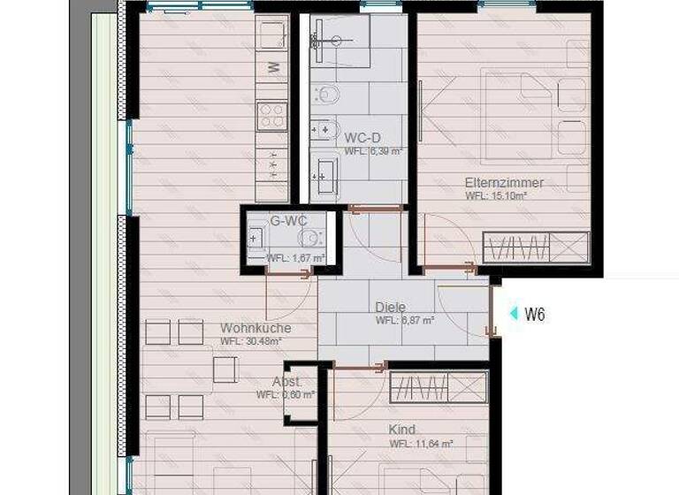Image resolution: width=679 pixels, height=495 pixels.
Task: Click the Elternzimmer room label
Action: [x=504, y=183]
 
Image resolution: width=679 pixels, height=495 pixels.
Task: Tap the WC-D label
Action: [x=362, y=137]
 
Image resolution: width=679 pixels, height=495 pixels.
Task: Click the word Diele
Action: [x=390, y=307]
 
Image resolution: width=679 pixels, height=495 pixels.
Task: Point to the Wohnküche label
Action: [x=255, y=328]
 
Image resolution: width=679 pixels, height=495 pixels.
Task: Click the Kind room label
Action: [x=402, y=430]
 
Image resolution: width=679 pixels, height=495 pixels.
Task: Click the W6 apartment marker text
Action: [x=534, y=314]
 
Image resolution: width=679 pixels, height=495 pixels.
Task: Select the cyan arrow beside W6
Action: [x=513, y=314]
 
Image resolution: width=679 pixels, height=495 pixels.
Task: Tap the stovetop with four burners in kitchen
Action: [x=271, y=115]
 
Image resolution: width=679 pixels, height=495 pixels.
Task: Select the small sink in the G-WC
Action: [x=256, y=237]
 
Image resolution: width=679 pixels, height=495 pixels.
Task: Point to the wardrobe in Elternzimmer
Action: [x=536, y=247]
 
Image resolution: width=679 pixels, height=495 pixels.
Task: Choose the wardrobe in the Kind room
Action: [x=439, y=386]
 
